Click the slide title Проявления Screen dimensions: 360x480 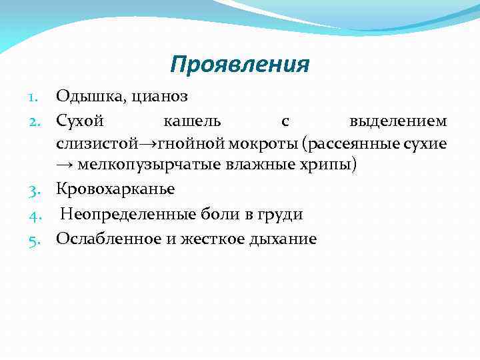click(x=239, y=65)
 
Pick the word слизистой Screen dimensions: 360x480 click(x=97, y=143)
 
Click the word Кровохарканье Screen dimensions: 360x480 click(x=115, y=189)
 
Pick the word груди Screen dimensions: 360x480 click(x=283, y=214)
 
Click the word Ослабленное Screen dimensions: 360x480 click(x=105, y=238)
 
